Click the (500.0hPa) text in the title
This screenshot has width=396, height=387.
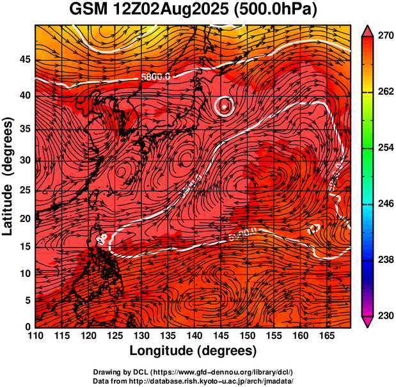[x=275, y=10]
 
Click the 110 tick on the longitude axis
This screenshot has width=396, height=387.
[x=35, y=336]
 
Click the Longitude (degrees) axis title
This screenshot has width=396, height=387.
[x=193, y=351]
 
